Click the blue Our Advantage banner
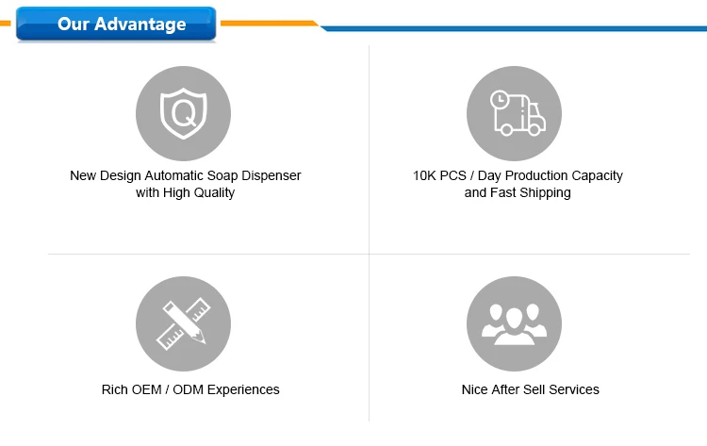pos(116,24)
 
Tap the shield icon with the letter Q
pos(184,114)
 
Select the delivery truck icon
pos(518,113)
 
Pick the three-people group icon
pos(514,324)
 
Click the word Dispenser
pos(271,175)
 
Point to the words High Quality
pos(199,193)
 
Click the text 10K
pos(424,175)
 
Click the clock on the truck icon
pos(500,99)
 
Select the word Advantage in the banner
pos(140,25)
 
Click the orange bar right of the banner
pos(270,23)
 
